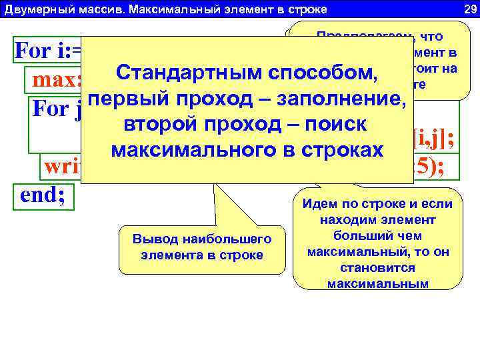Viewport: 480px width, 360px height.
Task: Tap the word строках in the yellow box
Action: click(x=336, y=151)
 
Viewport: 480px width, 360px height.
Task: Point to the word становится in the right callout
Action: click(x=377, y=269)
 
